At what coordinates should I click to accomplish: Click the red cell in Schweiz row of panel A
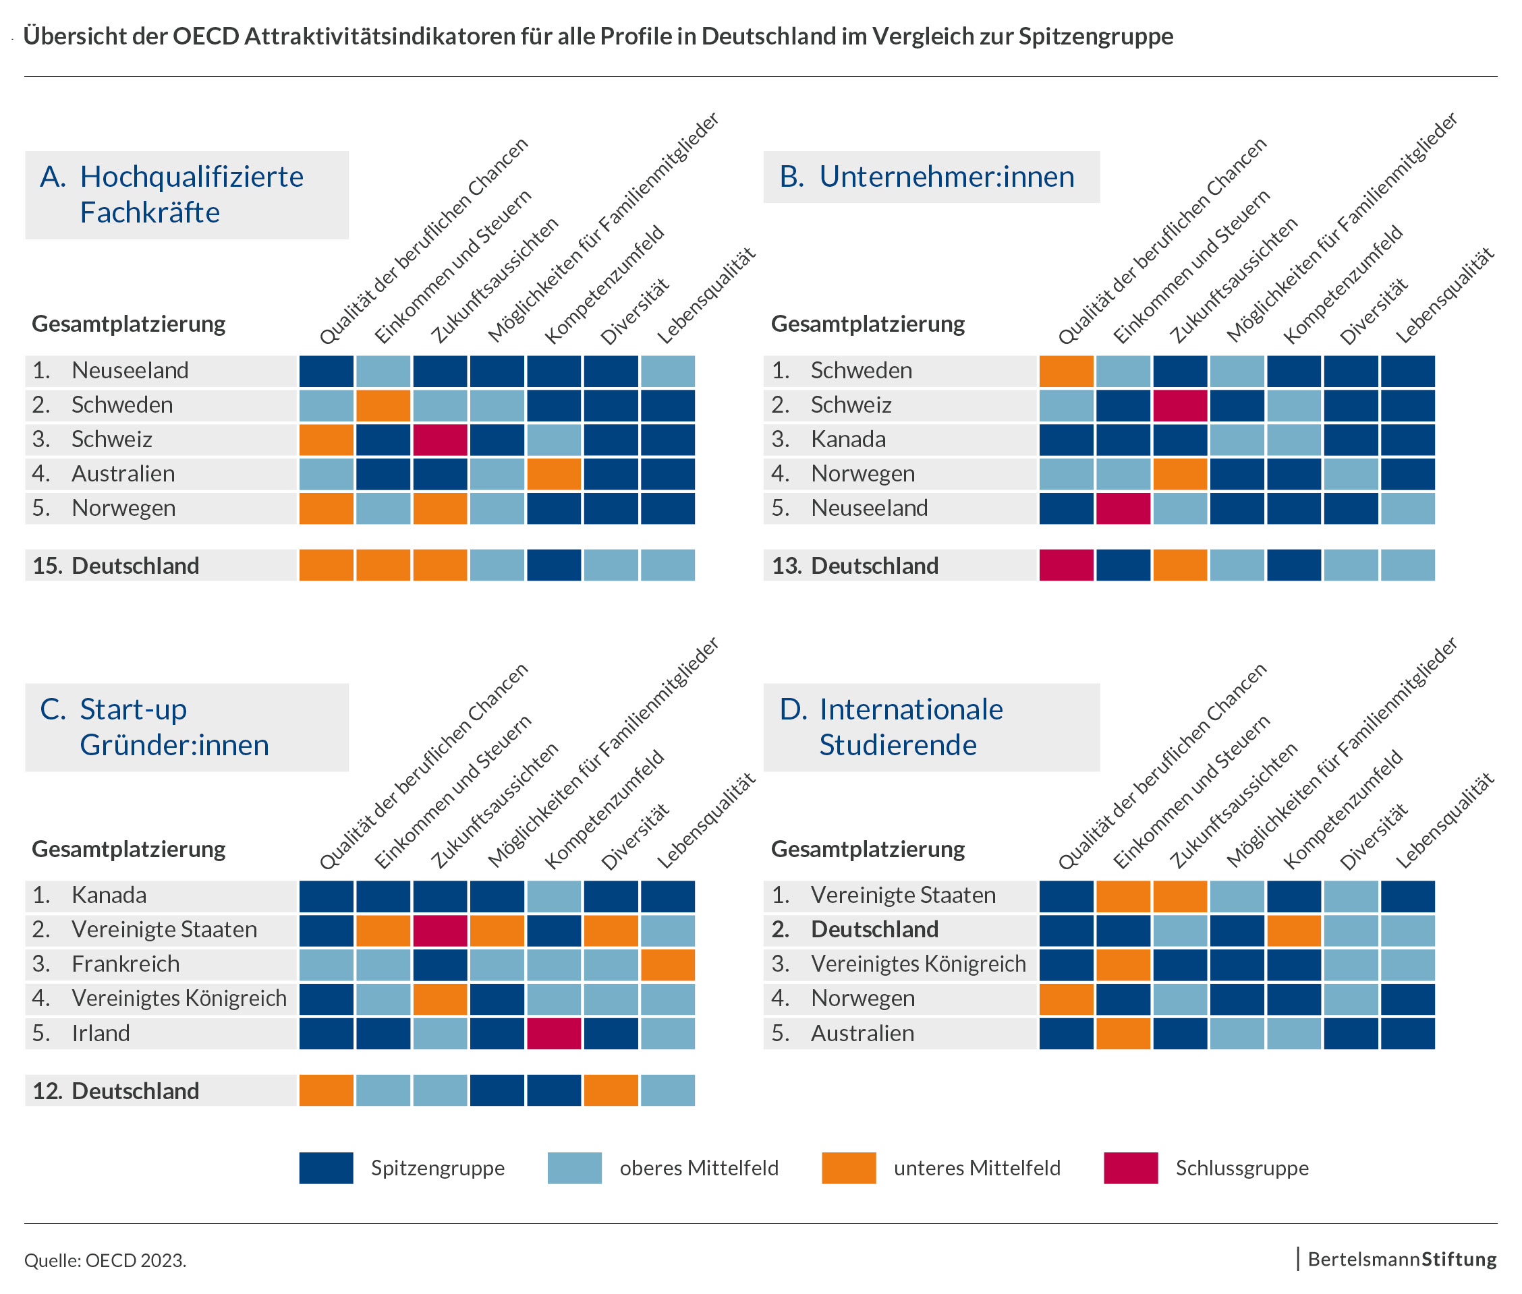pyautogui.click(x=440, y=440)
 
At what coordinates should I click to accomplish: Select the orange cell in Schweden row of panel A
pyautogui.click(x=383, y=405)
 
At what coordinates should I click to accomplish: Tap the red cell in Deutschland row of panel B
pyautogui.click(x=1065, y=566)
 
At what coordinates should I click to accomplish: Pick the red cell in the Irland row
pyautogui.click(x=554, y=1033)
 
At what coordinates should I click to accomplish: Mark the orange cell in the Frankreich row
pyautogui.click(x=668, y=964)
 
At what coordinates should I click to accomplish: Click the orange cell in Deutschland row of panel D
pyautogui.click(x=1293, y=929)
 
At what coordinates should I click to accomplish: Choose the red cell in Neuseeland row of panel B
pyautogui.click(x=1123, y=508)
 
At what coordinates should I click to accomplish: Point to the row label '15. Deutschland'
pyautogui.click(x=116, y=566)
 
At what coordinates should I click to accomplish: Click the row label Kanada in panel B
pyautogui.click(x=847, y=440)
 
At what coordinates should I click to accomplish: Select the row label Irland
pyautogui.click(x=101, y=1033)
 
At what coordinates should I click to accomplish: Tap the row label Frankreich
pyautogui.click(x=125, y=964)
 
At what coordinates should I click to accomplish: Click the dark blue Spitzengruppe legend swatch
pyautogui.click(x=326, y=1168)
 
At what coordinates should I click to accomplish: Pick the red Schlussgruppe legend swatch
pyautogui.click(x=1130, y=1168)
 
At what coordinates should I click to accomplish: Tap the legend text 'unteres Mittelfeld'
pyautogui.click(x=977, y=1168)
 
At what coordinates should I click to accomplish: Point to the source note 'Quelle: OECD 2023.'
pyautogui.click(x=106, y=1260)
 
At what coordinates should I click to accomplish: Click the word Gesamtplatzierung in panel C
pyautogui.click(x=128, y=849)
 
